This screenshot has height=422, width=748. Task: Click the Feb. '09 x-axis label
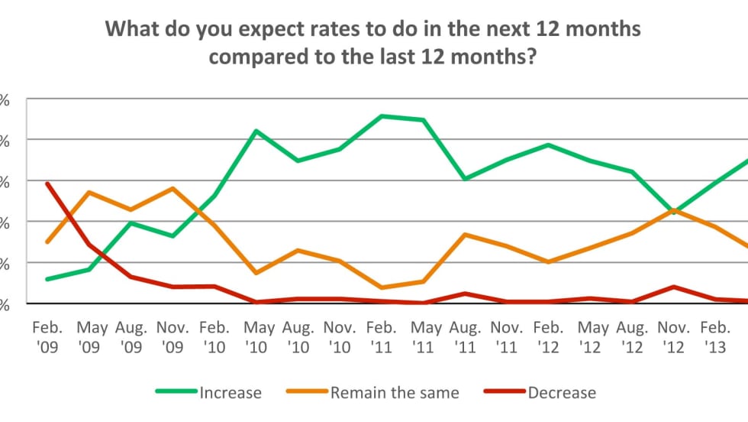47,336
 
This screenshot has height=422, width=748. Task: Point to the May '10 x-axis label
259,336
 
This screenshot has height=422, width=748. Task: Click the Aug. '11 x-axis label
466,336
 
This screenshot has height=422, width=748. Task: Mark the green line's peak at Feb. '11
381,116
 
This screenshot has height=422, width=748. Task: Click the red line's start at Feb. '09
47,183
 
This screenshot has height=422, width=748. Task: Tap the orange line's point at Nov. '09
173,188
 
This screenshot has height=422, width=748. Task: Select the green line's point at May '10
256,131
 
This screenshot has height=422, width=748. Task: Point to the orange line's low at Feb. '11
381,287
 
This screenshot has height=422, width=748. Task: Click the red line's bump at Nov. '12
673,287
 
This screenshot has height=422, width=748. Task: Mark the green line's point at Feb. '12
548,144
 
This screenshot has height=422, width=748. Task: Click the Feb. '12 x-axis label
549,336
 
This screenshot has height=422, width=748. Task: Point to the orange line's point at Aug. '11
465,234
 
